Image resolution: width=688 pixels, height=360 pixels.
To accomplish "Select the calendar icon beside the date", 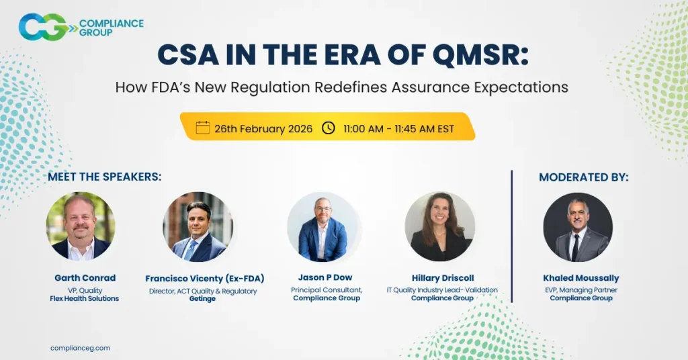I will coord(202,128).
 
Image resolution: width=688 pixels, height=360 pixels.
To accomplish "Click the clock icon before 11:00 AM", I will coord(329,128).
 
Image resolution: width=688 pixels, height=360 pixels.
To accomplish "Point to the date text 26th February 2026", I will coord(263,128).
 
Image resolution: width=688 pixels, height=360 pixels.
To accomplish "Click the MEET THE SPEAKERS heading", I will coord(105,177).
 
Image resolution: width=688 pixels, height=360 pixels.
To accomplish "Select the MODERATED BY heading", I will coord(584,177).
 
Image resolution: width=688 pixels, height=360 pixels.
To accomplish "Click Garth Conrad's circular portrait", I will coord(81,226).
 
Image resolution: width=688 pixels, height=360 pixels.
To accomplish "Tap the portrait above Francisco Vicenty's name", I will coord(198,226).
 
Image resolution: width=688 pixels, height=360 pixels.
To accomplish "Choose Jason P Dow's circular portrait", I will coord(322,226).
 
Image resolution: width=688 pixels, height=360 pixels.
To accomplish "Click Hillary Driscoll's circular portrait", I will coord(440,226).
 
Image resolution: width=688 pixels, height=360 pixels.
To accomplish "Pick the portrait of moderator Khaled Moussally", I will coord(578,226).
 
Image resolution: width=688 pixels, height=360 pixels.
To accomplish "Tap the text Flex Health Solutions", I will coord(85,298).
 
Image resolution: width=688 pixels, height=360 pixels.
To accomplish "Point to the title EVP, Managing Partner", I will coord(581,290).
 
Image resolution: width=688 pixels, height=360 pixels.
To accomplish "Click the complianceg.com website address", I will coord(80,348).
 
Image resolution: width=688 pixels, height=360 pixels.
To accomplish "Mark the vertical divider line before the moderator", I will coord(512,235).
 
